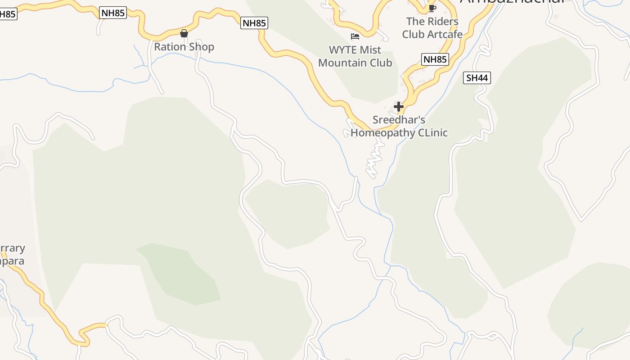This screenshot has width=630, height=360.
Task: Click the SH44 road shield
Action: coord(477,78)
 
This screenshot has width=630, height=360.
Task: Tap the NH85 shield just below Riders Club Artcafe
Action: coord(435,59)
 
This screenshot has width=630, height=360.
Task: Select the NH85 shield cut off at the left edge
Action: coord(8,14)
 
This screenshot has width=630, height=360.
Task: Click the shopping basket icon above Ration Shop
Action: coord(184,33)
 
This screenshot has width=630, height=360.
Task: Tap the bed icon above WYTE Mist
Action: coord(355,36)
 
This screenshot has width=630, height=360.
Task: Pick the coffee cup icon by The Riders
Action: coord(432,8)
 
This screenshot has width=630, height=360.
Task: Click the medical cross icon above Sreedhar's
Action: coord(399,107)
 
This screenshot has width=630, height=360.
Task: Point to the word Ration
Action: coord(170,47)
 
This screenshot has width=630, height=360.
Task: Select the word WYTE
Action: coord(344,50)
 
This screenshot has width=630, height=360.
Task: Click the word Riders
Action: coord(443,21)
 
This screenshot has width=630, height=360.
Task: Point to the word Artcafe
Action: coord(444,34)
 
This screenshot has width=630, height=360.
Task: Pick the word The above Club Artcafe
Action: coord(415,21)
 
